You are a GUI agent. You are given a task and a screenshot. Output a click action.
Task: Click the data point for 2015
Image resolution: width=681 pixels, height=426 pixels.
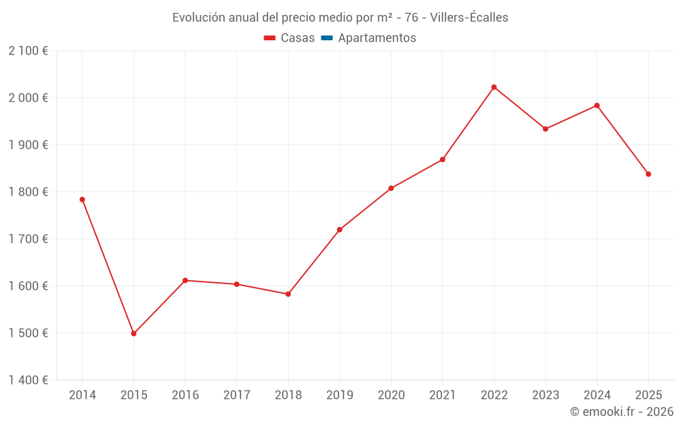[133, 334]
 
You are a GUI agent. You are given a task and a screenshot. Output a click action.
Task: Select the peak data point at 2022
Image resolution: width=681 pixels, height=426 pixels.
[494, 87]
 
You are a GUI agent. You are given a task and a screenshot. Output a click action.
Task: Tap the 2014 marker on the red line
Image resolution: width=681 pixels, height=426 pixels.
[82, 200]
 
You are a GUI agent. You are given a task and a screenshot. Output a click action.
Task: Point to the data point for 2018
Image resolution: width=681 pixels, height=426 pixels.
[288, 294]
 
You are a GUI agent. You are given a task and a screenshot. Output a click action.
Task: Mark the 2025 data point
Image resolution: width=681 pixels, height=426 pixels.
[648, 174]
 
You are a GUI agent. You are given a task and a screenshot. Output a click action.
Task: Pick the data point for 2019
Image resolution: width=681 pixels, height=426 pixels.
[339, 230]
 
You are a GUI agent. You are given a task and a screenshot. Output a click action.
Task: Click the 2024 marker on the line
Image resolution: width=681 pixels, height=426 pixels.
[597, 106]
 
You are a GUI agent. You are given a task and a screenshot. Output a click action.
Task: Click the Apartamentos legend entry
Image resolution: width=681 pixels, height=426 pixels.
[377, 38]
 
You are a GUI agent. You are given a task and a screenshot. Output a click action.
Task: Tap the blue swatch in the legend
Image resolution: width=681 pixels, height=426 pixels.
[326, 38]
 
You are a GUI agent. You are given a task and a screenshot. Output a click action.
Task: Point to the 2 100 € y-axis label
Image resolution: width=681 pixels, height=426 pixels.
[29, 51]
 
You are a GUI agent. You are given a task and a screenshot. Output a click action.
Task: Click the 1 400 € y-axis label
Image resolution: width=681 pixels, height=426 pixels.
[29, 380]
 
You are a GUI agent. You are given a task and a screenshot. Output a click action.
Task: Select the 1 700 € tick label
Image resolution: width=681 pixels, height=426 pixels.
[29, 239]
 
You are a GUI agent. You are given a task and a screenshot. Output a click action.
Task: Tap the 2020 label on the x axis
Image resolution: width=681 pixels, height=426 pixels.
[391, 395]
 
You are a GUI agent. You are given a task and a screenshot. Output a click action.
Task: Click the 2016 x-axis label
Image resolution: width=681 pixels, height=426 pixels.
[185, 395]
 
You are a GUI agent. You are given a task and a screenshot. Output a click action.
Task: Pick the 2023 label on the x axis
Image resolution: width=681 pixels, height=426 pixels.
[545, 395]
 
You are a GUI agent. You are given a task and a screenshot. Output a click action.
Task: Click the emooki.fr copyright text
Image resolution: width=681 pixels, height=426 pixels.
[622, 412]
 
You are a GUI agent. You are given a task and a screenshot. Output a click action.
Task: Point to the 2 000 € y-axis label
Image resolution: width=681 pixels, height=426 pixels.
[29, 98]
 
